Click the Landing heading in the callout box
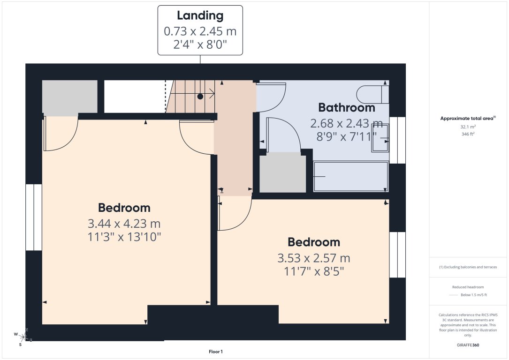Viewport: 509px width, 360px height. tap(200, 15)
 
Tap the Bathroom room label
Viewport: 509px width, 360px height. tap(346, 107)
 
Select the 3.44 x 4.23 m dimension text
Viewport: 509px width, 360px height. tap(124, 224)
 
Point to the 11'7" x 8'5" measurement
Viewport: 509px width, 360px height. tap(314, 272)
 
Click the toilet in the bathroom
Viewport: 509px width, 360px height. tap(372, 94)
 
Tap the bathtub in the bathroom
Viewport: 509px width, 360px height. tap(351, 177)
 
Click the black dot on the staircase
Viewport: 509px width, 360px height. tap(200, 97)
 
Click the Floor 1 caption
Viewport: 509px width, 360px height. tap(215, 351)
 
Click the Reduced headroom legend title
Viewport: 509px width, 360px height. tap(468, 287)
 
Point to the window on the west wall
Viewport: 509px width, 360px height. tap(34, 217)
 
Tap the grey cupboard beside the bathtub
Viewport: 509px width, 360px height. tap(282, 173)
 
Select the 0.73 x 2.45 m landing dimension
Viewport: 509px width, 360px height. tap(200, 32)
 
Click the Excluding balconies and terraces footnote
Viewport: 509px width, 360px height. tap(468, 267)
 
